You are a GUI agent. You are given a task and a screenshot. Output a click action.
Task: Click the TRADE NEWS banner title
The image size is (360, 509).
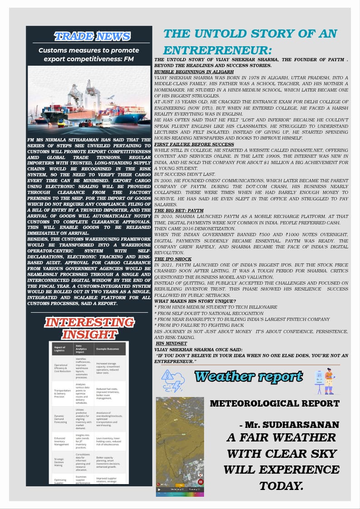[92, 36]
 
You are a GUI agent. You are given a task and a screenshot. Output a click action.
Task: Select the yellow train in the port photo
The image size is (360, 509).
[63, 123]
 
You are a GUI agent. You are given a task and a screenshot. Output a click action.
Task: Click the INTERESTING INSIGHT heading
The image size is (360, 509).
[89, 328]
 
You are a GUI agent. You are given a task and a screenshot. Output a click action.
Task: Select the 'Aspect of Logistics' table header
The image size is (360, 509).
[60, 349]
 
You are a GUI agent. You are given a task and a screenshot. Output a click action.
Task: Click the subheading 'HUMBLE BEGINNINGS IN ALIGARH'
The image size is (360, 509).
[194, 72]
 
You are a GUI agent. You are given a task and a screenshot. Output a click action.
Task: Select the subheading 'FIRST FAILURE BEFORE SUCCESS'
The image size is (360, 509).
[194, 144]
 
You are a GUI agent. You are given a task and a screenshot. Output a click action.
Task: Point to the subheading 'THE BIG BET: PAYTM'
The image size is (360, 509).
[179, 211]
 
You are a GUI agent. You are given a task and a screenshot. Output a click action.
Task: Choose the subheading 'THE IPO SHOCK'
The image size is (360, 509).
[173, 259]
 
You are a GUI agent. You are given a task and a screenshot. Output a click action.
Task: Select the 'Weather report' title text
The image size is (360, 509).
[248, 376]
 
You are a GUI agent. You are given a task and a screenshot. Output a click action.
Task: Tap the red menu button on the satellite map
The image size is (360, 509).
[200, 482]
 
